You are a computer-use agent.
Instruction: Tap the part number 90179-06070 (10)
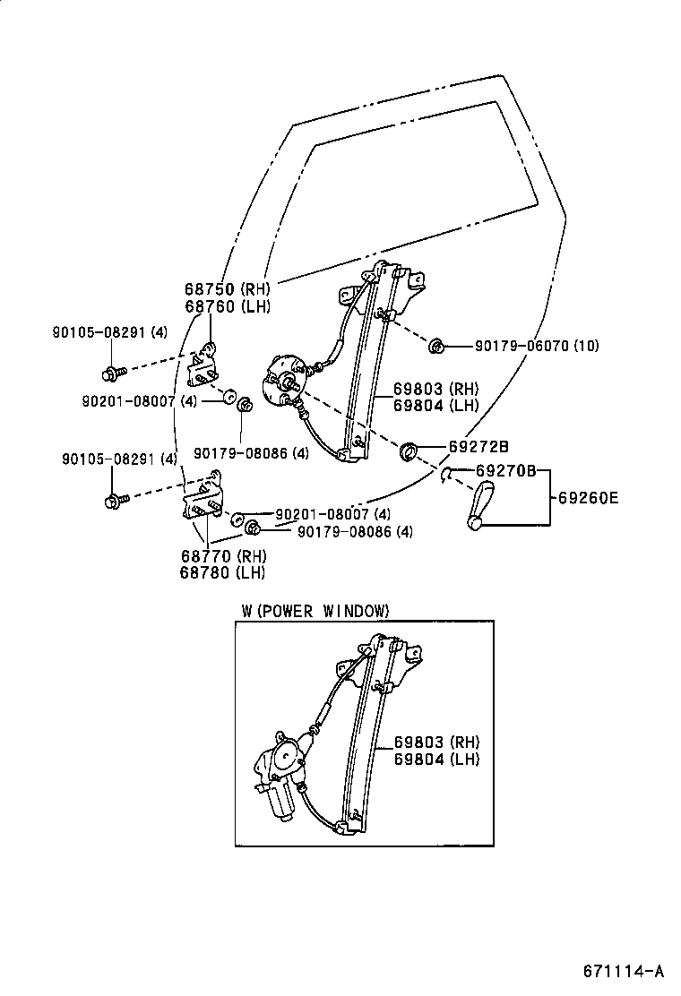pos(536,346)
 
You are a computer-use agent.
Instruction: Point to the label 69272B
pos(478,446)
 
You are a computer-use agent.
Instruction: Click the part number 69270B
pos(504,470)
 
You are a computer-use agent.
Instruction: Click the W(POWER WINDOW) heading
pos(315,611)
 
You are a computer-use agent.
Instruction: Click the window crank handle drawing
pos(483,505)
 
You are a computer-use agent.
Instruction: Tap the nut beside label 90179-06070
pos(436,345)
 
